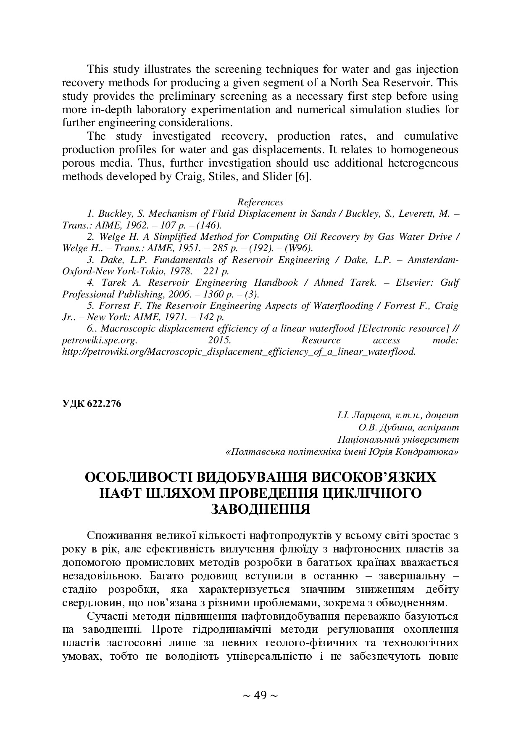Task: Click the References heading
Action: pyautogui.click(x=260, y=202)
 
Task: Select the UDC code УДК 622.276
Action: pyautogui.click(x=92, y=404)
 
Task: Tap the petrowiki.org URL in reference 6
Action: pyautogui.click(x=238, y=351)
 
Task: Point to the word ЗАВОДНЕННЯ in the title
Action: pyautogui.click(x=260, y=509)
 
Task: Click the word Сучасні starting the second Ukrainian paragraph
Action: pyautogui.click(x=108, y=616)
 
